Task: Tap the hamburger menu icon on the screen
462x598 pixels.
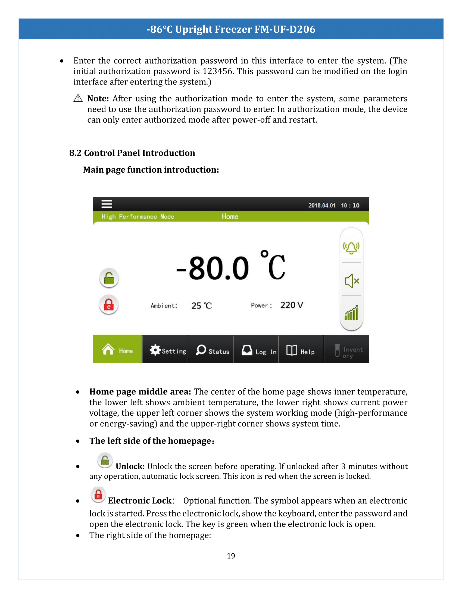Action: click(107, 204)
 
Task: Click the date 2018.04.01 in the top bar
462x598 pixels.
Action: click(322, 205)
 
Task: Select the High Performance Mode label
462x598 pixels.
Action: click(138, 217)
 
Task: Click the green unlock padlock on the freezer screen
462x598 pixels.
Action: click(109, 278)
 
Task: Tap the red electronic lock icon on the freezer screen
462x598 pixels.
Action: click(109, 305)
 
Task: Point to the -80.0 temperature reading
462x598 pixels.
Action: click(213, 268)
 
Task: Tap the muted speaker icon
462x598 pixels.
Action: click(352, 281)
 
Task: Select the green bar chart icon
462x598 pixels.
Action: click(351, 313)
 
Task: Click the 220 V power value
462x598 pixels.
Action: click(292, 305)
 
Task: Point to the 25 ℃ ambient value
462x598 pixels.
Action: click(201, 306)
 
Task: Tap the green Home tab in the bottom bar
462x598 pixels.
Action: click(117, 349)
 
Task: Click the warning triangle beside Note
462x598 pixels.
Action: click(78, 98)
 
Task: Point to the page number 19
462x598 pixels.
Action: click(231, 556)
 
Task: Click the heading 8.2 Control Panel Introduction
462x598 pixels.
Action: click(132, 153)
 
